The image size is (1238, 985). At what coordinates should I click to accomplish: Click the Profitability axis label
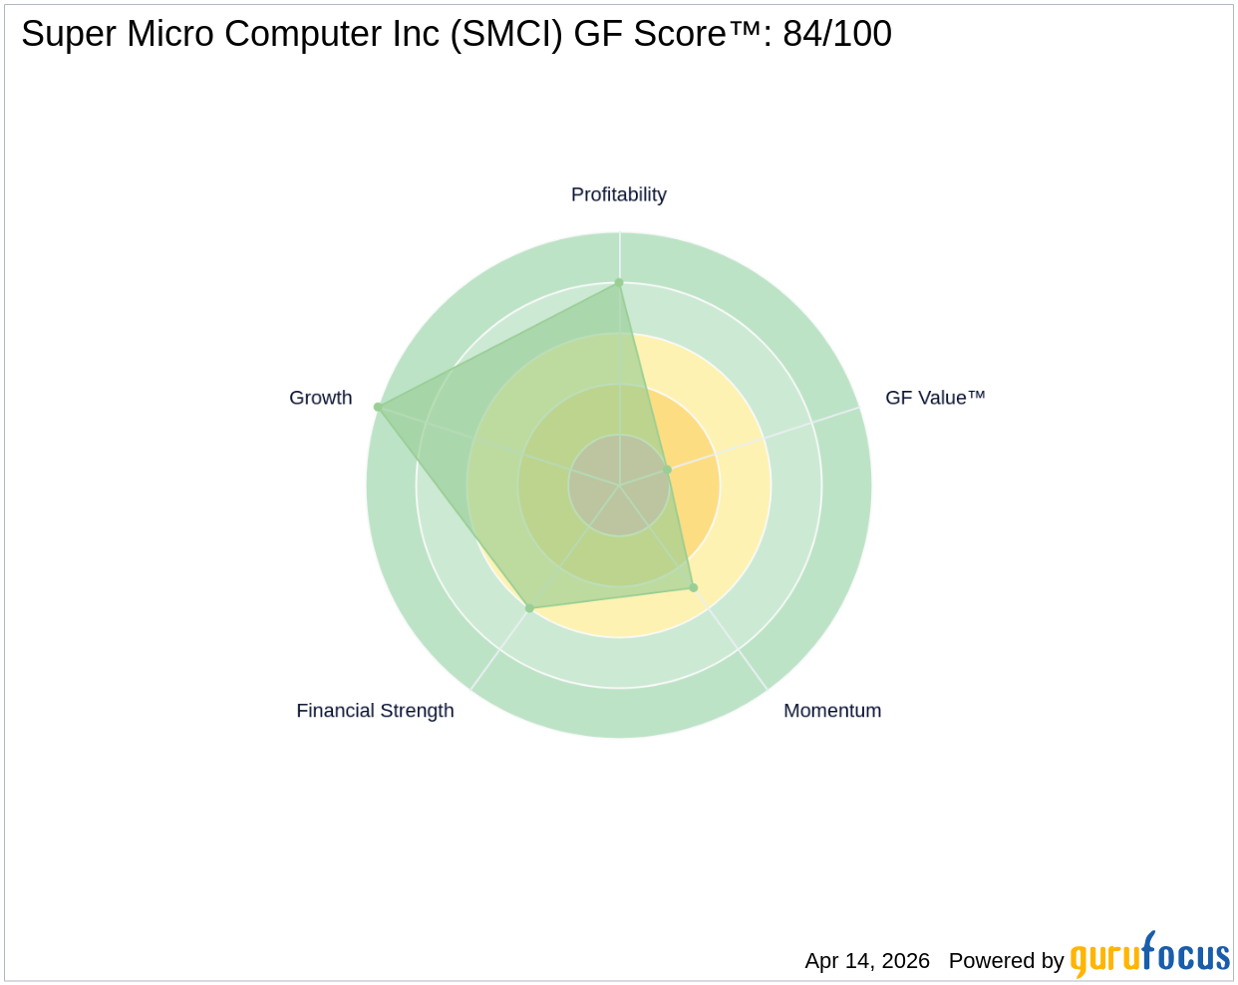click(x=618, y=194)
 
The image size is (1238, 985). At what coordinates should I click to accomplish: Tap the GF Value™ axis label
click(x=935, y=398)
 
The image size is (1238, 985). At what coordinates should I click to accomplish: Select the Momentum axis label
click(x=832, y=711)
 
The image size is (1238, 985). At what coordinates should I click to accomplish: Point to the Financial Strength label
click(x=375, y=711)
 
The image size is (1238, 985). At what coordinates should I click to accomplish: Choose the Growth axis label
click(x=320, y=398)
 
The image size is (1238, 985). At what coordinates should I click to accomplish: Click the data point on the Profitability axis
click(x=619, y=283)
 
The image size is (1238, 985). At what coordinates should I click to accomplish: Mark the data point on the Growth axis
click(x=378, y=407)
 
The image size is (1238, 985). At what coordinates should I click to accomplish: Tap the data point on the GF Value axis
click(x=668, y=470)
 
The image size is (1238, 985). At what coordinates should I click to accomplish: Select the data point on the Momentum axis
click(x=694, y=587)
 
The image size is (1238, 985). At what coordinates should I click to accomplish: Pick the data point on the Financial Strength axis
click(x=529, y=607)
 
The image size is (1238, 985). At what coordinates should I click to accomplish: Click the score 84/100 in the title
click(x=837, y=34)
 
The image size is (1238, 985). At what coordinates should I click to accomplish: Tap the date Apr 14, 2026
click(x=867, y=961)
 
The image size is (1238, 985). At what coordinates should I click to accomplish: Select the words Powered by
click(x=1006, y=961)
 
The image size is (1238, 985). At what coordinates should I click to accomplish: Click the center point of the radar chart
click(x=619, y=486)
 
